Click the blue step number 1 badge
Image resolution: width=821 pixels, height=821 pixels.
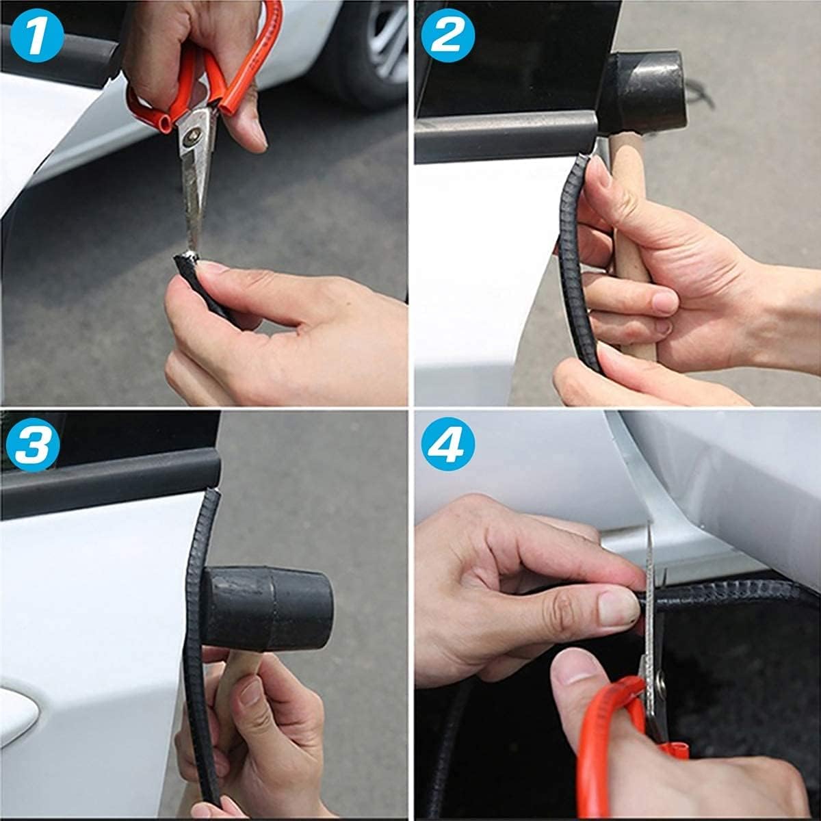[37, 36]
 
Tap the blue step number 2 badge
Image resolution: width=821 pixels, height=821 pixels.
[447, 36]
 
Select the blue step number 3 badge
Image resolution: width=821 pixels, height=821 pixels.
[33, 445]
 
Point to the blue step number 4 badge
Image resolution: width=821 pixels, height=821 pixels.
[447, 444]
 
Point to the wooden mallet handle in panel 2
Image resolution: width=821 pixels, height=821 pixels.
[631, 243]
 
